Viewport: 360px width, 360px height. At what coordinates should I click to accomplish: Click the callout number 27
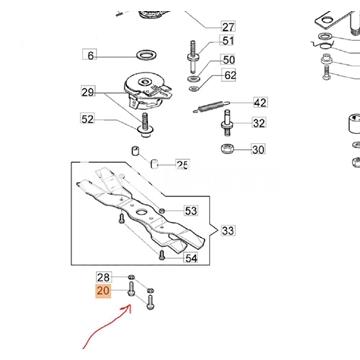(x=228, y=26)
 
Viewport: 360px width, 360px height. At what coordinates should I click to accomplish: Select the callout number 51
(x=228, y=41)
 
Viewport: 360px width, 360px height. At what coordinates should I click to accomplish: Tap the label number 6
(x=90, y=55)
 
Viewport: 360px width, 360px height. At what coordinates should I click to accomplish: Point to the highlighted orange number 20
(x=103, y=291)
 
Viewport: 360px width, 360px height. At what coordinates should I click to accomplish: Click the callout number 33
(x=228, y=230)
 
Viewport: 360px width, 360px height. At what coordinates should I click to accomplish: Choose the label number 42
(x=260, y=102)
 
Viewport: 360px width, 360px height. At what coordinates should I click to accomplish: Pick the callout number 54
(x=191, y=258)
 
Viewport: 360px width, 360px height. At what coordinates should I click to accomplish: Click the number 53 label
(x=191, y=211)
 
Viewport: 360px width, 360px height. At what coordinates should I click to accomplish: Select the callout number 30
(x=258, y=150)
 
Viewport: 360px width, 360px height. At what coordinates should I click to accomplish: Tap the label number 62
(x=230, y=76)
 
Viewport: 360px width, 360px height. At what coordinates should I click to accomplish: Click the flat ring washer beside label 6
(x=147, y=54)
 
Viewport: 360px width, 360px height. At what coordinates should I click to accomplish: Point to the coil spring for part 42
(x=211, y=107)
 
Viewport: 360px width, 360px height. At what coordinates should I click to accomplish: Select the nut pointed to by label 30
(x=228, y=148)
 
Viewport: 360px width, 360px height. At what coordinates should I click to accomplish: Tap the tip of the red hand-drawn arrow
(x=130, y=305)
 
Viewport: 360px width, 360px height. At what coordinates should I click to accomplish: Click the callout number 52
(x=88, y=119)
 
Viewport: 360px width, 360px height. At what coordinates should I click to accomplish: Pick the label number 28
(x=103, y=277)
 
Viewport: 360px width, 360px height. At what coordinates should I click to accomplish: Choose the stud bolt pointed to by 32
(x=227, y=123)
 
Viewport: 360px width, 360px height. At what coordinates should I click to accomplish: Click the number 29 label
(x=88, y=92)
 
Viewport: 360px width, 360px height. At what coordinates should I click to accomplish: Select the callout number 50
(x=228, y=60)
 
